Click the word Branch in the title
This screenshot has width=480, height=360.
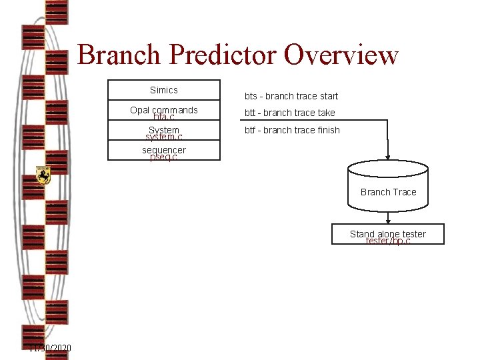[x=118, y=55]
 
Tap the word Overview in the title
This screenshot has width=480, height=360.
[x=341, y=55]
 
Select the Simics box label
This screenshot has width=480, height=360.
[x=164, y=90]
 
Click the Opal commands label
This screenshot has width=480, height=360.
[x=164, y=109]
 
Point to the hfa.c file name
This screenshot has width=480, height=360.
[x=164, y=117]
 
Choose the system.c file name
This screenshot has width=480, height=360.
[x=164, y=137]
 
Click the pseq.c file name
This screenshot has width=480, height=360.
[x=164, y=158]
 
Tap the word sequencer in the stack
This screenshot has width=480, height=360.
[x=164, y=150]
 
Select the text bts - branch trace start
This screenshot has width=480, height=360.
[x=291, y=96]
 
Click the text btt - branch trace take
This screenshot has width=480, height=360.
[x=290, y=113]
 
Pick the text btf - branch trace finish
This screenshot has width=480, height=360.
[x=292, y=130]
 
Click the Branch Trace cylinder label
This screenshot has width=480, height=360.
[x=388, y=192]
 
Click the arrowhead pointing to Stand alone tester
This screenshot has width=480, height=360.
[x=388, y=219]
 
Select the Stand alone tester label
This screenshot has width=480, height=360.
[x=387, y=233]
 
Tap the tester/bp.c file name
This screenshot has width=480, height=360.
[x=388, y=241]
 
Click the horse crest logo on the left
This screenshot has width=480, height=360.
[x=43, y=175]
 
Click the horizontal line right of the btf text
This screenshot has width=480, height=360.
[x=363, y=121]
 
